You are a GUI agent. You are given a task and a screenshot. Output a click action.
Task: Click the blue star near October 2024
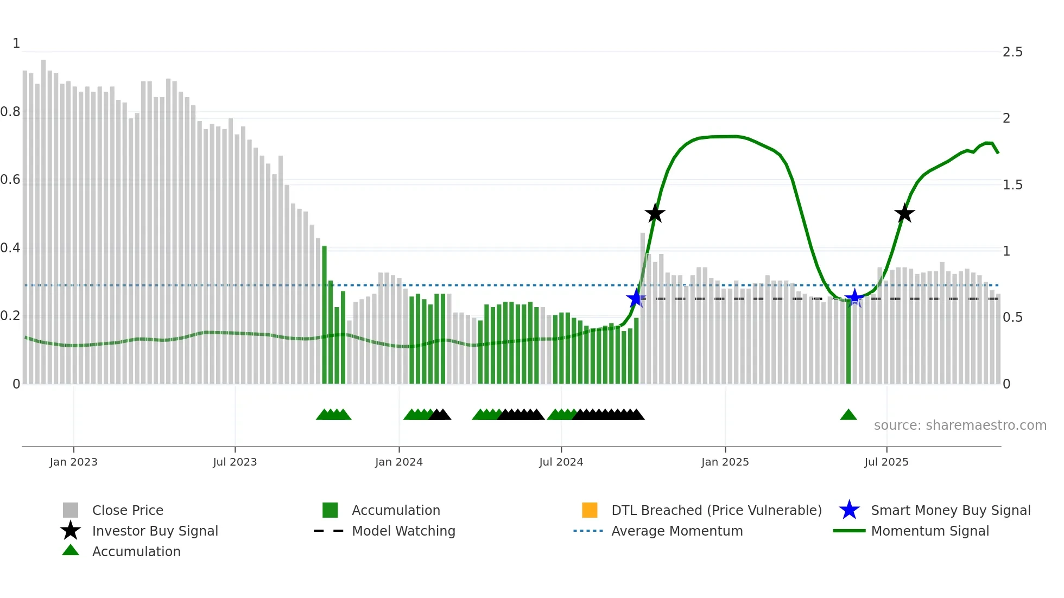point(636,298)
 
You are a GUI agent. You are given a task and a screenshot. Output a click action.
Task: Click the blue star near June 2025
point(854,298)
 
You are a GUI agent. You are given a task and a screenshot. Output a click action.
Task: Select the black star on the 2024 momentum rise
point(655,214)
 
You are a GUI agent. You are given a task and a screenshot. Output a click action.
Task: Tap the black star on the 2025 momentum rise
point(904,214)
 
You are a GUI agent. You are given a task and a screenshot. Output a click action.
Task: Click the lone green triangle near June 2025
point(848,415)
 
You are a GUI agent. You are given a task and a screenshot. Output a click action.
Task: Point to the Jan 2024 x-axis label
point(398,462)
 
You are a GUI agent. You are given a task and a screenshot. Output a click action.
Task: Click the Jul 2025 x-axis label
point(886,462)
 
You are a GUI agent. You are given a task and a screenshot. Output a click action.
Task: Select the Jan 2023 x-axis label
point(73,462)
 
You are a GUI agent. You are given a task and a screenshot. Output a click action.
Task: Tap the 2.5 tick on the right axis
point(1012,52)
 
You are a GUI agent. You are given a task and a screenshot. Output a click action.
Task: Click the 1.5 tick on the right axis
point(1012,185)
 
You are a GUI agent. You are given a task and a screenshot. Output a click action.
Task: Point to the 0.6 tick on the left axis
point(10,180)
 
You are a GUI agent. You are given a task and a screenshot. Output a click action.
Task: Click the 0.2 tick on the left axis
point(10,316)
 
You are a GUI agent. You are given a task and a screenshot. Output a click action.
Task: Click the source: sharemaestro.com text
point(960,425)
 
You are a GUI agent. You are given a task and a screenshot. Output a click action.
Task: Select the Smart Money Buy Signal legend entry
point(950,510)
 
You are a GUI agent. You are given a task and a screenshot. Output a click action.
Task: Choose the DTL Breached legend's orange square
point(590,510)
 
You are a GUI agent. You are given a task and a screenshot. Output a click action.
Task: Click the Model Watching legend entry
point(403,531)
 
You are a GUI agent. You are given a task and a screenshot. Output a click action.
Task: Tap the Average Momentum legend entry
point(676,531)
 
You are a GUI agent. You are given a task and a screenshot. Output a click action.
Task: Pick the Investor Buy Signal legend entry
point(155,531)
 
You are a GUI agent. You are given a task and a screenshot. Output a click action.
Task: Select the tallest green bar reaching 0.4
point(324,315)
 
